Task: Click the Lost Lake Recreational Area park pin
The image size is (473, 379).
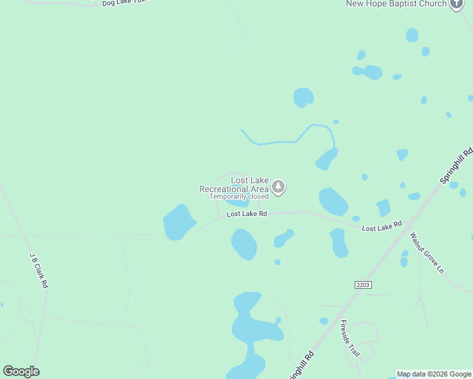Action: (x=278, y=186)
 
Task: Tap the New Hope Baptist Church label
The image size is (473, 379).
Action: (x=396, y=4)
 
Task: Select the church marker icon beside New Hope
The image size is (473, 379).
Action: (x=457, y=3)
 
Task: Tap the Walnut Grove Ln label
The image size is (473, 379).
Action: (x=427, y=253)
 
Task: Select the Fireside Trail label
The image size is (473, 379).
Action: (x=349, y=339)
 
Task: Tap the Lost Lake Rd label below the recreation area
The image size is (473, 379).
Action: (x=247, y=214)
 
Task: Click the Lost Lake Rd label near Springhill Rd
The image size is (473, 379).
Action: (x=382, y=226)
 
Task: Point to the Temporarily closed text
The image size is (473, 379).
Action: (x=239, y=196)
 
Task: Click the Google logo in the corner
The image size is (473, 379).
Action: (x=21, y=371)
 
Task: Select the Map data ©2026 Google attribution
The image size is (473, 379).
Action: (x=434, y=374)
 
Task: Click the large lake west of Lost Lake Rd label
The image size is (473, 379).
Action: (x=179, y=222)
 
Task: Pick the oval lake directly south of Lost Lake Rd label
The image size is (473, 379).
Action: (x=244, y=244)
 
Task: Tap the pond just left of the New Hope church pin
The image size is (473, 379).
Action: (x=412, y=35)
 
